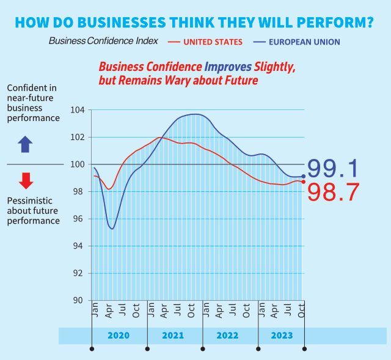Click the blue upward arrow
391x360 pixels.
click(x=26, y=145)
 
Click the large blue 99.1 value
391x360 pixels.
click(x=332, y=169)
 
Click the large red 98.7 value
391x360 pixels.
click(x=332, y=193)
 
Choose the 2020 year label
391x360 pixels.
click(x=118, y=336)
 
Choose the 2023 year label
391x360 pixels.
click(x=282, y=336)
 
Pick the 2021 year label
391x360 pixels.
click(x=173, y=336)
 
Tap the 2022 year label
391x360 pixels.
click(x=227, y=336)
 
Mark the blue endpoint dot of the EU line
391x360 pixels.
click(x=304, y=177)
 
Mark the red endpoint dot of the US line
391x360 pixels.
click(x=304, y=182)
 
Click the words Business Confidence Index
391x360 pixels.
click(x=103, y=41)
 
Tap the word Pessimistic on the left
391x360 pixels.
click(x=29, y=200)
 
